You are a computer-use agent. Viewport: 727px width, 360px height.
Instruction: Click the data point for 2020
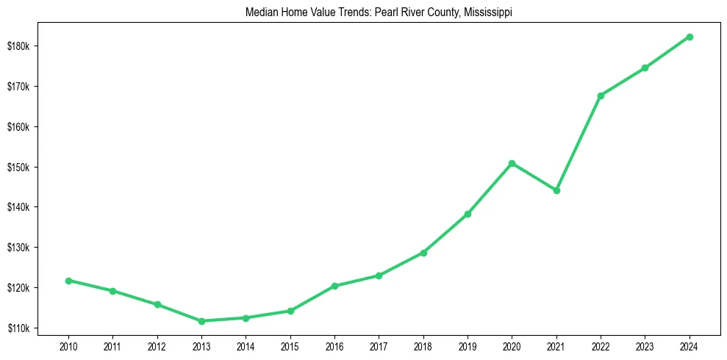(x=512, y=163)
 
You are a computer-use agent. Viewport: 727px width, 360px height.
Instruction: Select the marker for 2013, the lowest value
(x=201, y=321)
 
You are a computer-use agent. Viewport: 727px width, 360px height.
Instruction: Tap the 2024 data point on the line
(x=690, y=37)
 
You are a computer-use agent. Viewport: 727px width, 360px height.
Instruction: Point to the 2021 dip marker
(x=556, y=190)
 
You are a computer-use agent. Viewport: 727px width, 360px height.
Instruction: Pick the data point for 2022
(x=601, y=96)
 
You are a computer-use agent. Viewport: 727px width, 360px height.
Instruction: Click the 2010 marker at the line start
(x=68, y=281)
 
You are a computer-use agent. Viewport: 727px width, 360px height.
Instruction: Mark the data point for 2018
(x=423, y=253)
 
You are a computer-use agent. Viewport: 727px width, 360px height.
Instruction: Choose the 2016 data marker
(x=334, y=286)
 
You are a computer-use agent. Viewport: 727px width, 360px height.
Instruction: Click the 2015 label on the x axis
(x=290, y=345)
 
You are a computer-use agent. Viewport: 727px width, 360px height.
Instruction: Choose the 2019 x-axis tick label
(x=468, y=345)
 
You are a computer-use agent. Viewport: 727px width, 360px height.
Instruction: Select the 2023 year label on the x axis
(x=645, y=345)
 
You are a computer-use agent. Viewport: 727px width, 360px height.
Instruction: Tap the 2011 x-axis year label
(x=112, y=345)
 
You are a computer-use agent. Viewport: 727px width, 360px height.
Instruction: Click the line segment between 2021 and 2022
(x=579, y=143)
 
